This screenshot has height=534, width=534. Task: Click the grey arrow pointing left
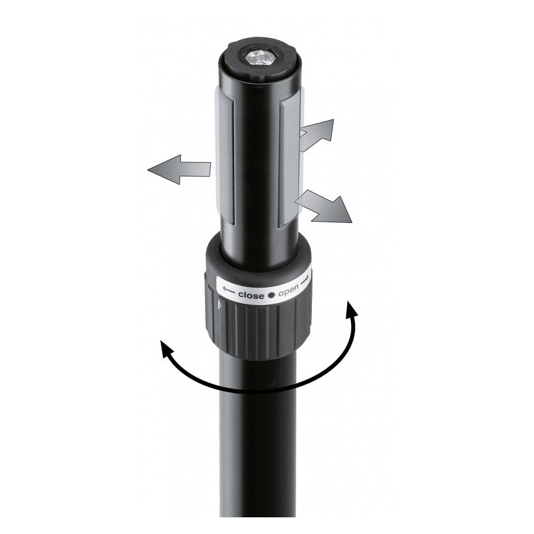[177, 170]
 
